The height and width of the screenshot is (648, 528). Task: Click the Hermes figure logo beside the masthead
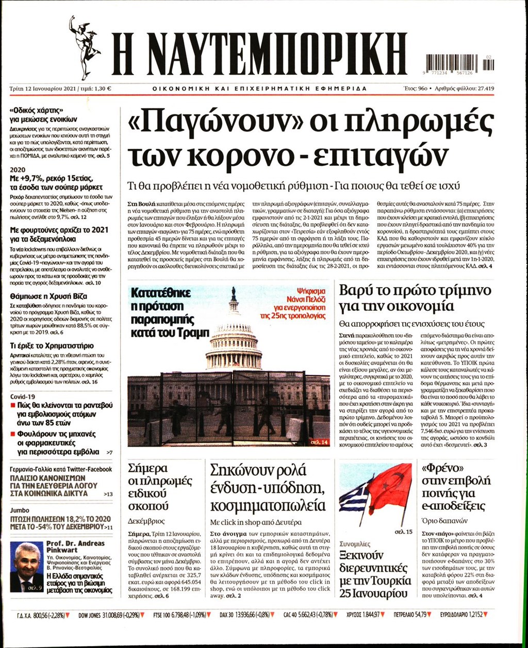[84, 46]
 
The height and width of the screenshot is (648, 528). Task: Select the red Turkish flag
[390, 487]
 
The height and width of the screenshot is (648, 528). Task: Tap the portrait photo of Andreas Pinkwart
[26, 567]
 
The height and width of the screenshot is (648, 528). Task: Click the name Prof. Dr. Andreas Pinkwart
[75, 546]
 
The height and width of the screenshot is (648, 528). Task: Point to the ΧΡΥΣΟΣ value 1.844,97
[368, 614]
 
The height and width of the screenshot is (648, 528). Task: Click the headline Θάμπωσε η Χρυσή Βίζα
[48, 296]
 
